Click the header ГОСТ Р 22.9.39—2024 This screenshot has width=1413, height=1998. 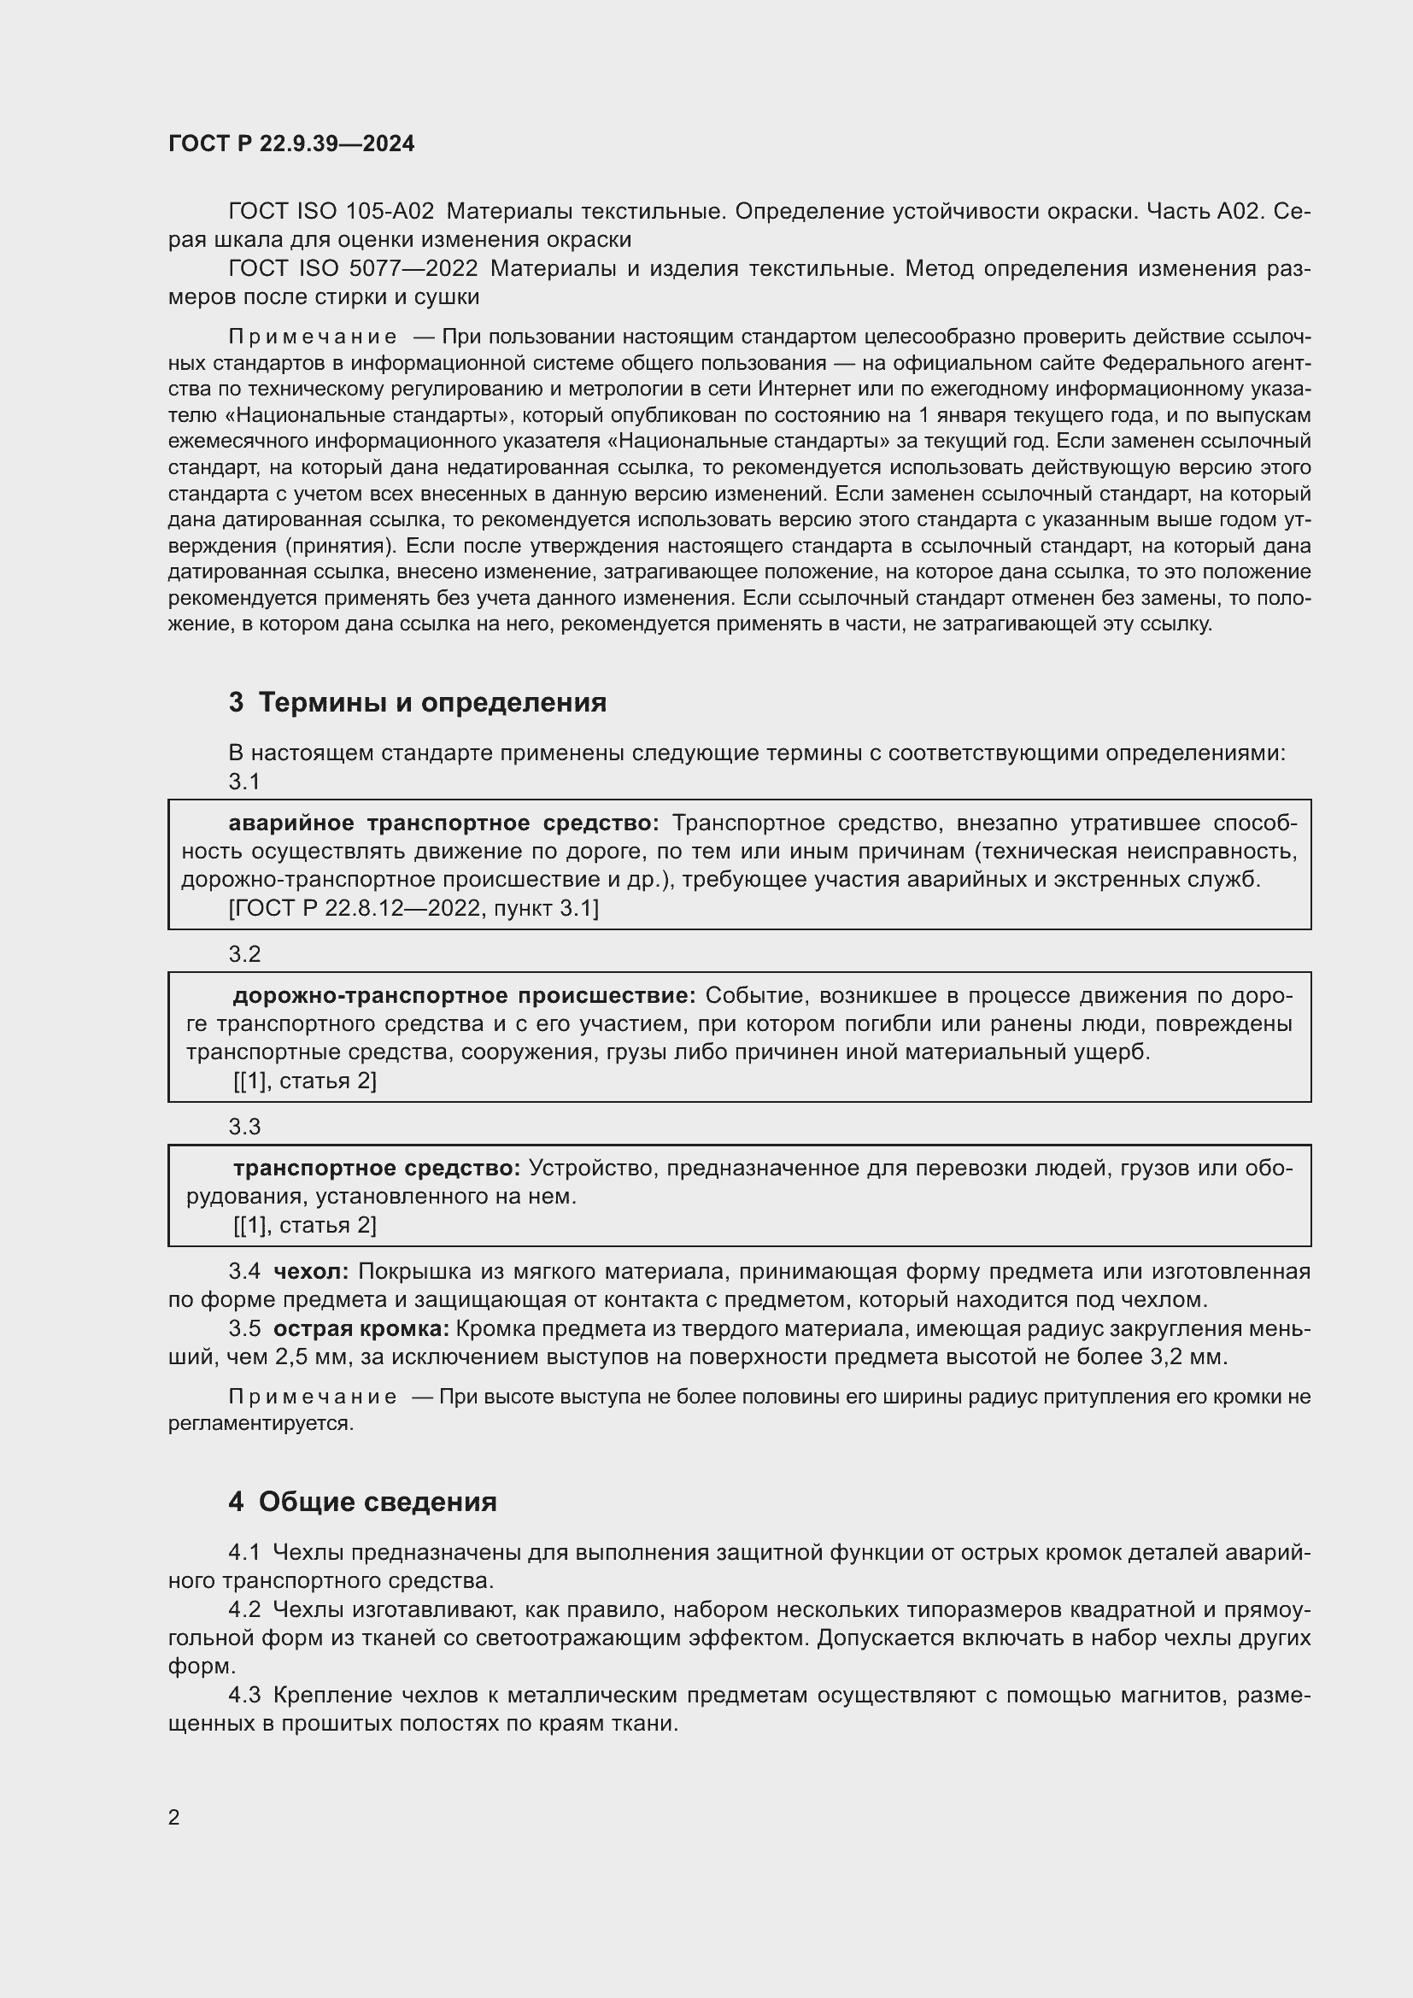[x=291, y=144]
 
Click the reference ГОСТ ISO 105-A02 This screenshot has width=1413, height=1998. [x=331, y=212]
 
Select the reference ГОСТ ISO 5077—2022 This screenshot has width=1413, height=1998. [x=352, y=269]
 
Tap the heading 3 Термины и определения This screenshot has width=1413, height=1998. [x=418, y=702]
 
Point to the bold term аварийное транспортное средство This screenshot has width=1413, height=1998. [x=443, y=823]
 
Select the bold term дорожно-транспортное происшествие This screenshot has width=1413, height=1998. [x=464, y=995]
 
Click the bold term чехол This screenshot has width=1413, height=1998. [x=311, y=1271]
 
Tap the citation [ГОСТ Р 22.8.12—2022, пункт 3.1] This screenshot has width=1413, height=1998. [x=413, y=909]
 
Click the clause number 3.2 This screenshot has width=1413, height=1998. [x=244, y=954]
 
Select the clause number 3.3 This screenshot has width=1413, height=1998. [x=244, y=1127]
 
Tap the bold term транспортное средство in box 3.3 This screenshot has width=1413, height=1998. [x=377, y=1168]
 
